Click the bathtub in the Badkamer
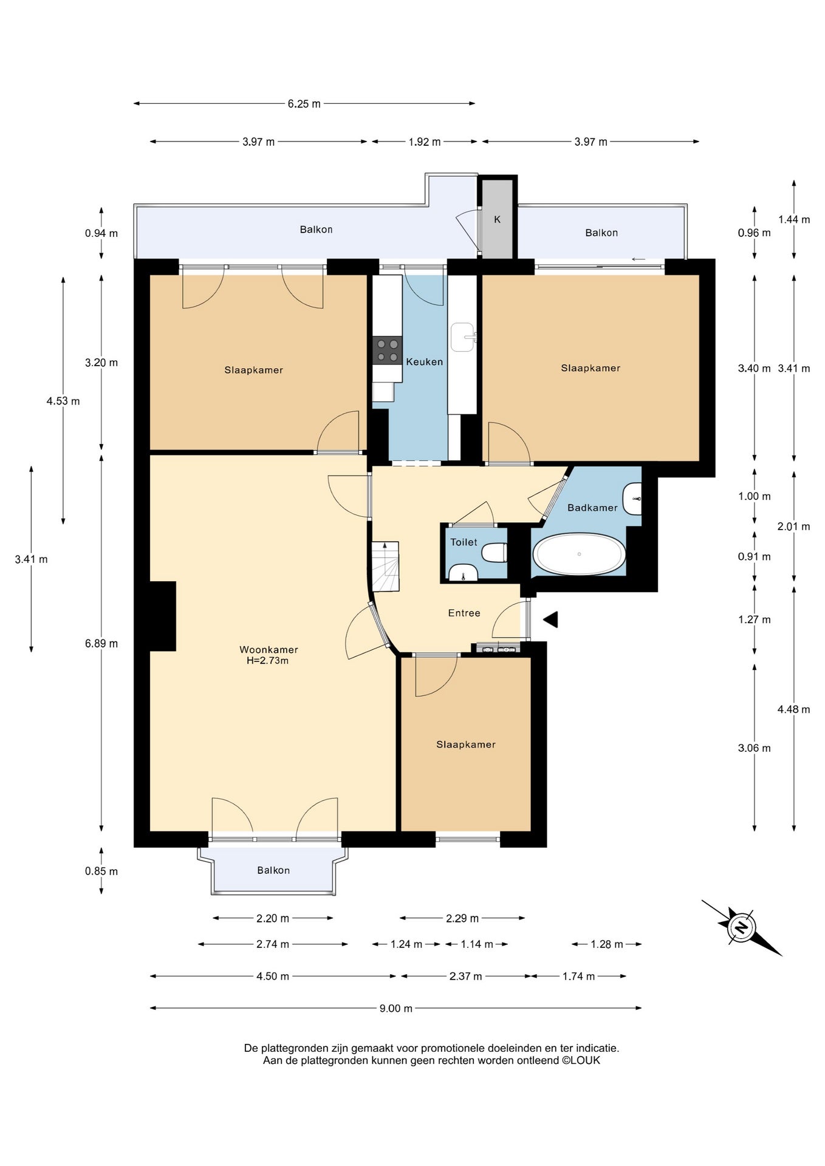tap(579, 554)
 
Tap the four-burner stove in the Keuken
tap(387, 350)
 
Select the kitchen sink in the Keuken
tap(463, 337)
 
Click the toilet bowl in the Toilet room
tap(495, 553)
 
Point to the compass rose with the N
tap(741, 927)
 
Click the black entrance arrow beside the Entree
tap(550, 619)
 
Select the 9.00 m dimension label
tap(396, 1008)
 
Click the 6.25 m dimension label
tap(304, 104)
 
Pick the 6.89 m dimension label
tap(101, 643)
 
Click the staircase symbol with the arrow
tap(385, 566)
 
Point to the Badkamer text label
tap(592, 508)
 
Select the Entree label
tap(464, 613)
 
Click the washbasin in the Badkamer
tap(633, 499)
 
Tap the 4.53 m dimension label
tap(63, 401)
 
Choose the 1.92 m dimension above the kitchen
tap(425, 141)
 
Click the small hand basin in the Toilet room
tap(463, 572)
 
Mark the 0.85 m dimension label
tap(101, 871)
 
